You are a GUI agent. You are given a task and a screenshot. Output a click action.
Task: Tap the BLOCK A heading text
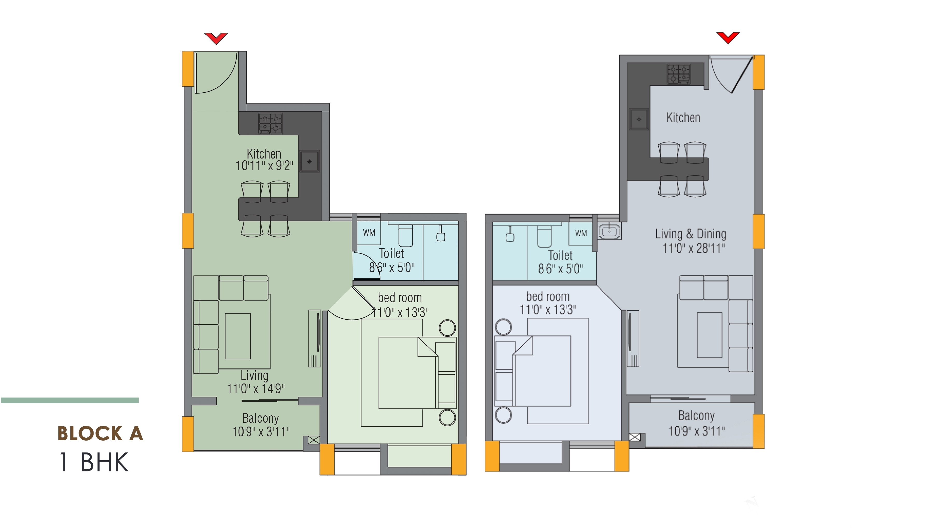pyautogui.click(x=100, y=433)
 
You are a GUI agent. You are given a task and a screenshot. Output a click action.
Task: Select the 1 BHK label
pyautogui.click(x=94, y=462)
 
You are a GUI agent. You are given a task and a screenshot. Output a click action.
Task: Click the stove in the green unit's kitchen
pyautogui.click(x=271, y=123)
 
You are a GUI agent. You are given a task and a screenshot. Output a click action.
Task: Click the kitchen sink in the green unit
pyautogui.click(x=309, y=161)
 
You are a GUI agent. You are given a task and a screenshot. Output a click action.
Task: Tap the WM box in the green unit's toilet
pyautogui.click(x=369, y=232)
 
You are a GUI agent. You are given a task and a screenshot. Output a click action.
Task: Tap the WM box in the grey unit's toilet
pyautogui.click(x=581, y=233)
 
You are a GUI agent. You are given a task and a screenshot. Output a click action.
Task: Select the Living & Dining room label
pyautogui.click(x=691, y=234)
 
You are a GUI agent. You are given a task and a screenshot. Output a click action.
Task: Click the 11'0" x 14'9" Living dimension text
pyautogui.click(x=256, y=389)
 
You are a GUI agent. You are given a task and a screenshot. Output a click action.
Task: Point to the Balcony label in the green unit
pyautogui.click(x=260, y=418)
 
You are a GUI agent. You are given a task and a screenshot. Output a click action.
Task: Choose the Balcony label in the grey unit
pyautogui.click(x=696, y=416)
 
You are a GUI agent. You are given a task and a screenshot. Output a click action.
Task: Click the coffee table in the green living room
pyautogui.click(x=238, y=336)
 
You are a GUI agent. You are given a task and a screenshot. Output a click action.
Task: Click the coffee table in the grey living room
pyautogui.click(x=709, y=335)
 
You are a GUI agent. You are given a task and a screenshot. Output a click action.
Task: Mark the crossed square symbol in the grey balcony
pyautogui.click(x=634, y=437)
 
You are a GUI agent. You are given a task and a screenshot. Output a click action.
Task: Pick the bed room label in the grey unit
pyautogui.click(x=548, y=297)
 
